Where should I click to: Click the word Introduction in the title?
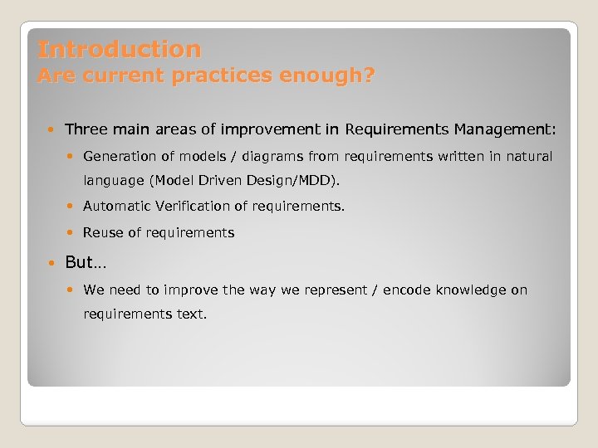120,50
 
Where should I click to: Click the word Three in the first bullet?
85,129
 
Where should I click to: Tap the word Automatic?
115,207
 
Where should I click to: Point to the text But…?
86,263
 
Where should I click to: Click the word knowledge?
475,290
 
